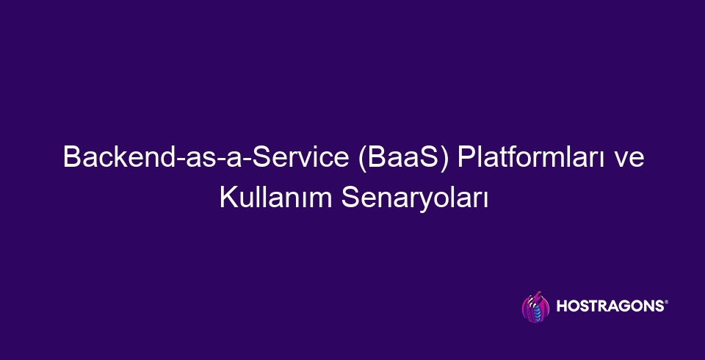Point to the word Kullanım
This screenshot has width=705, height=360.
click(275, 198)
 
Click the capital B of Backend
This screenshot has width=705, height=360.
click(72, 157)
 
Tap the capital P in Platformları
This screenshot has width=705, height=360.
click(467, 157)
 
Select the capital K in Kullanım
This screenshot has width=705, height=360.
click(229, 198)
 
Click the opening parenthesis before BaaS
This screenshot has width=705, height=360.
click(362, 159)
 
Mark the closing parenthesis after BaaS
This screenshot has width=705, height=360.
click(445, 159)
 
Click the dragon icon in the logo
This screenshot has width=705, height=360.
click(535, 306)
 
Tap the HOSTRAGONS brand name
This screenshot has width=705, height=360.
click(610, 306)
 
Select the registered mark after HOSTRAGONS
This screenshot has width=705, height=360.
click(666, 303)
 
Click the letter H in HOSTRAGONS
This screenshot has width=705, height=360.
click(562, 306)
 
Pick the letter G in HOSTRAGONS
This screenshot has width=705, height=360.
click(623, 306)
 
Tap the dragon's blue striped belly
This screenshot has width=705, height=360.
click(536, 312)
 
